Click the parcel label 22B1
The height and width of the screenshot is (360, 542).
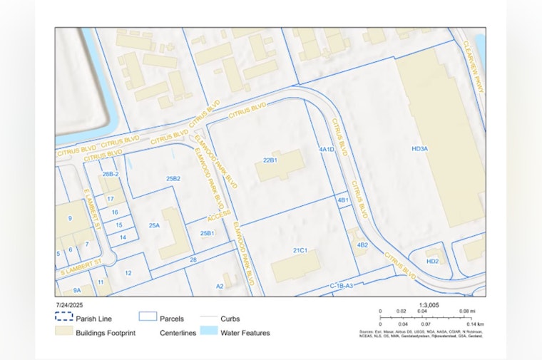click(x=270, y=160)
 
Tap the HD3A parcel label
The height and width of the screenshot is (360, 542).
click(x=419, y=148)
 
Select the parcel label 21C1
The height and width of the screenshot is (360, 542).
click(x=300, y=250)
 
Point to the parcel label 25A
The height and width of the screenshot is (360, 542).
click(x=154, y=225)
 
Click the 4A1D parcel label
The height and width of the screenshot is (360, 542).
click(x=327, y=150)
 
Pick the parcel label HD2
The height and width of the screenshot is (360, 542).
click(x=432, y=261)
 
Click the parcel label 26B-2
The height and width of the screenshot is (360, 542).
click(x=110, y=174)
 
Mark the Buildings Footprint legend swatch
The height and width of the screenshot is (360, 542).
click(x=64, y=332)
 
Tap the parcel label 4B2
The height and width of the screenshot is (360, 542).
click(x=362, y=245)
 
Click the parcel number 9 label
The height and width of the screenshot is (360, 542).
click(x=70, y=218)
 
